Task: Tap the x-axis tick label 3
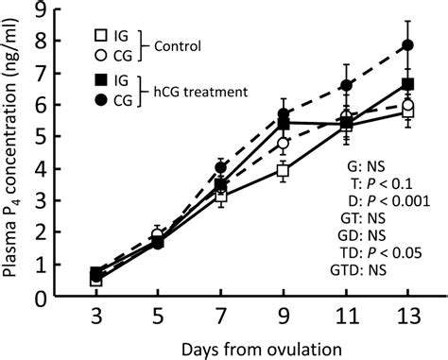pyautogui.click(x=96, y=317)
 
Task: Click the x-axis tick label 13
pyautogui.click(x=407, y=317)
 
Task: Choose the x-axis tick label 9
pyautogui.click(x=283, y=317)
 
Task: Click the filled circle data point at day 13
pyautogui.click(x=407, y=45)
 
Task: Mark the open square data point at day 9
pyautogui.click(x=283, y=171)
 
